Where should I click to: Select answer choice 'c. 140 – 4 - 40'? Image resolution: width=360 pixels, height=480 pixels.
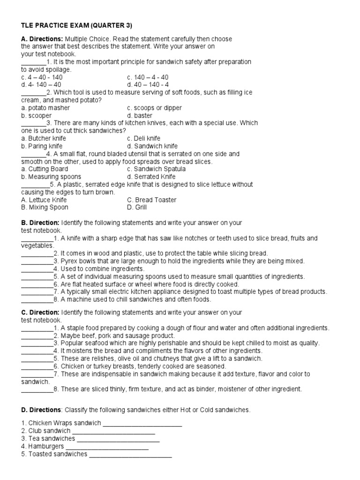click(x=148, y=77)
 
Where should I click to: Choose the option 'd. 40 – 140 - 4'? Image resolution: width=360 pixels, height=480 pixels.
click(x=148, y=85)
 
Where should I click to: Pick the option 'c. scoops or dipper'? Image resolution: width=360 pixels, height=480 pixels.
click(x=154, y=108)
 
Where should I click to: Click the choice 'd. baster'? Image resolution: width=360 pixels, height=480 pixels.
click(x=140, y=115)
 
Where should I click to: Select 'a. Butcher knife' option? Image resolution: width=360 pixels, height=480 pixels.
click(x=44, y=138)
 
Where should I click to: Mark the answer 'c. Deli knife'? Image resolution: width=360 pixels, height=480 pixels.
click(x=143, y=138)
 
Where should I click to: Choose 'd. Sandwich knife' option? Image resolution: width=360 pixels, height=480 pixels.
click(x=152, y=146)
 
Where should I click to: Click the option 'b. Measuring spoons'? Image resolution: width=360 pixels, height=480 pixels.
click(x=51, y=177)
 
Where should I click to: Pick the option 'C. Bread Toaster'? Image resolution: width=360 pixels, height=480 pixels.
click(x=151, y=200)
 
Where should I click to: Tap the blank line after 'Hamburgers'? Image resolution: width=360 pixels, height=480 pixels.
click(x=107, y=446)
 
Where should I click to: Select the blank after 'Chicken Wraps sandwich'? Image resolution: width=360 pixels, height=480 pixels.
click(x=142, y=423)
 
